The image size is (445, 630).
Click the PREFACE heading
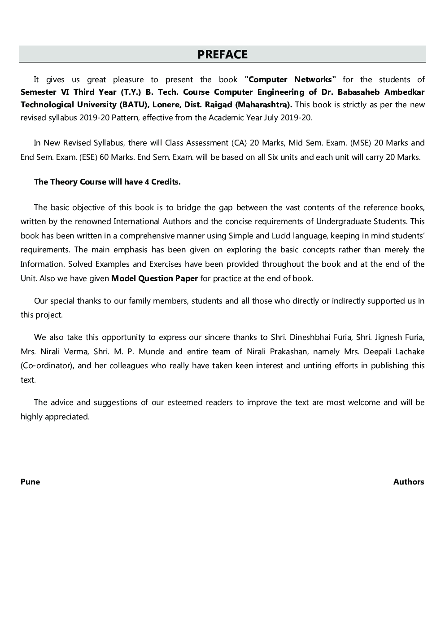(x=222, y=54)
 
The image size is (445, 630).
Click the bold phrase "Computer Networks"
(x=290, y=79)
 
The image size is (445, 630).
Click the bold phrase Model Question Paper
(x=154, y=278)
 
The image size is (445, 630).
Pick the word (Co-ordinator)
(x=47, y=366)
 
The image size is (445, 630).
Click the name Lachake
(x=407, y=352)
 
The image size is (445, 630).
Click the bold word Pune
(x=30, y=482)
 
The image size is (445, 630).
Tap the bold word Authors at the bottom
(x=408, y=482)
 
